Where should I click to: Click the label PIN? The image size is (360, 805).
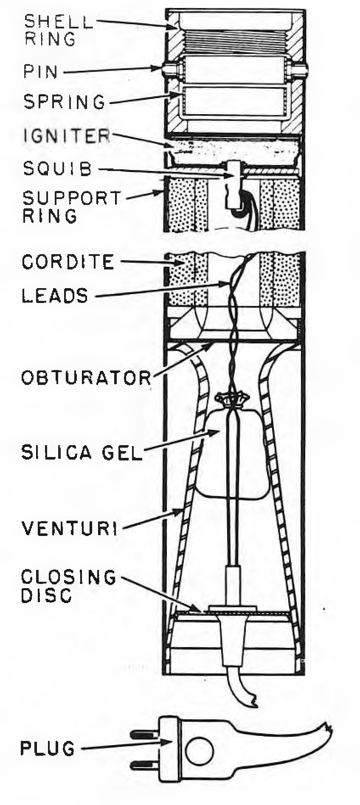[x=40, y=71]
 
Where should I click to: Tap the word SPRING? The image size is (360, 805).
[x=64, y=102]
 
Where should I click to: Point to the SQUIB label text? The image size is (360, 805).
[x=58, y=168]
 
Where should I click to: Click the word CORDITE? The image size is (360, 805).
[x=68, y=262]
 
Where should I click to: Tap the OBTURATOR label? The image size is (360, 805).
[x=87, y=377]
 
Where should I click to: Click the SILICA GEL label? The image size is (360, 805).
[x=81, y=452]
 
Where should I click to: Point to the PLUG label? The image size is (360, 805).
[x=48, y=748]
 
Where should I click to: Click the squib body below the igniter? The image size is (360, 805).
[x=233, y=185]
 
